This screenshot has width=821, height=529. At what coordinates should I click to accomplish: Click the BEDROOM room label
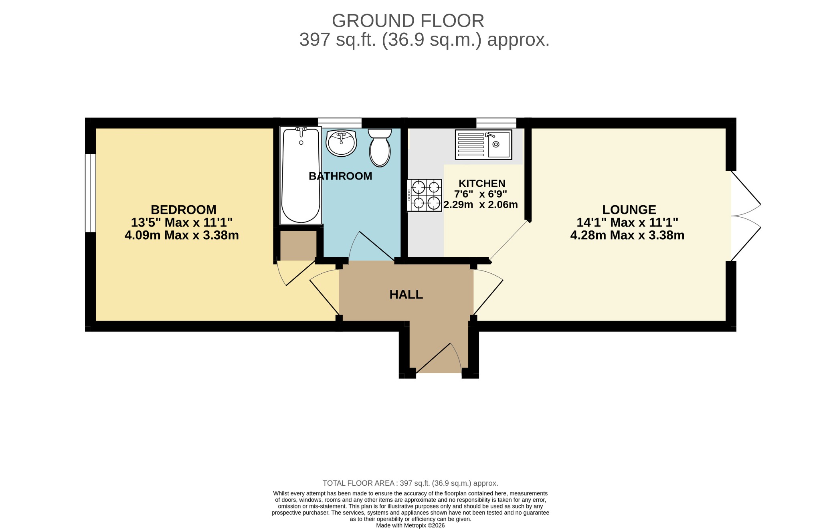click(x=184, y=210)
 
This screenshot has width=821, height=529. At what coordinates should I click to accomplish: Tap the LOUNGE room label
click(x=629, y=210)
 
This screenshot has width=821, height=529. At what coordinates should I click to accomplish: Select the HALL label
click(x=406, y=295)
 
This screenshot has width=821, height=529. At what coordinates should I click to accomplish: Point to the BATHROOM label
click(x=340, y=176)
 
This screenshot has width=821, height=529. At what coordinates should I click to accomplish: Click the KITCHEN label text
click(x=482, y=184)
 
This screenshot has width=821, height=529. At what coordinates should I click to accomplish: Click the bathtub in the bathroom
click(x=301, y=176)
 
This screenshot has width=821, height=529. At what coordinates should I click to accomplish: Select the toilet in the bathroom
click(x=380, y=147)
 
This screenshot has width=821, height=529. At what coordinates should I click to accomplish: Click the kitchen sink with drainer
click(x=483, y=144)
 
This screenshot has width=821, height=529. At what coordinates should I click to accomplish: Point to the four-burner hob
click(x=425, y=195)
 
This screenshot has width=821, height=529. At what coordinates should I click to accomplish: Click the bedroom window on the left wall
click(x=91, y=193)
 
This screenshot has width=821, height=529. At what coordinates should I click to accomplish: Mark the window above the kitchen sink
click(x=496, y=123)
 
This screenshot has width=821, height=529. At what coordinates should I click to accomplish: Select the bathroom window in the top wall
click(x=340, y=123)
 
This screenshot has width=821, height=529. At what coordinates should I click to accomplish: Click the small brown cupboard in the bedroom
click(x=298, y=246)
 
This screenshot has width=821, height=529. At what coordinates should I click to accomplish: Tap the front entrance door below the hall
click(x=439, y=358)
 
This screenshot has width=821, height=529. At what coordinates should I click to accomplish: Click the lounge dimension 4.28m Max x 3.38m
click(x=627, y=235)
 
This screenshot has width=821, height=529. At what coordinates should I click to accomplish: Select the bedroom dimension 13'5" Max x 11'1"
click(x=182, y=222)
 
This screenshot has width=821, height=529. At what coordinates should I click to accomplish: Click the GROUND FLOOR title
click(x=408, y=21)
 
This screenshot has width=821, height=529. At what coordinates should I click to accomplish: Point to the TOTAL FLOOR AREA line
click(x=410, y=483)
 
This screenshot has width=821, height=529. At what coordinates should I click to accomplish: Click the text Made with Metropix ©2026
click(x=410, y=525)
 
